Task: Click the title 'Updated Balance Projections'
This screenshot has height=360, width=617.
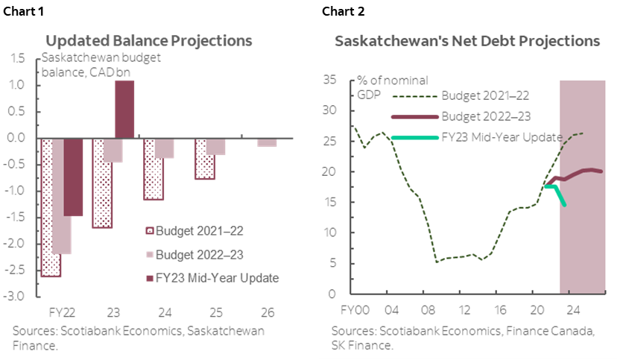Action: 148,40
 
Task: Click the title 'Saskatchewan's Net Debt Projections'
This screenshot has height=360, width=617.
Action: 467,41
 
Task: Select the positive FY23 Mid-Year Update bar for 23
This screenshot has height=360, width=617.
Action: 124,109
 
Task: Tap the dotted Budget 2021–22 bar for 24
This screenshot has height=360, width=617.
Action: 154,169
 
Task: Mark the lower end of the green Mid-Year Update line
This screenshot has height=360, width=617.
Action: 564,205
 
